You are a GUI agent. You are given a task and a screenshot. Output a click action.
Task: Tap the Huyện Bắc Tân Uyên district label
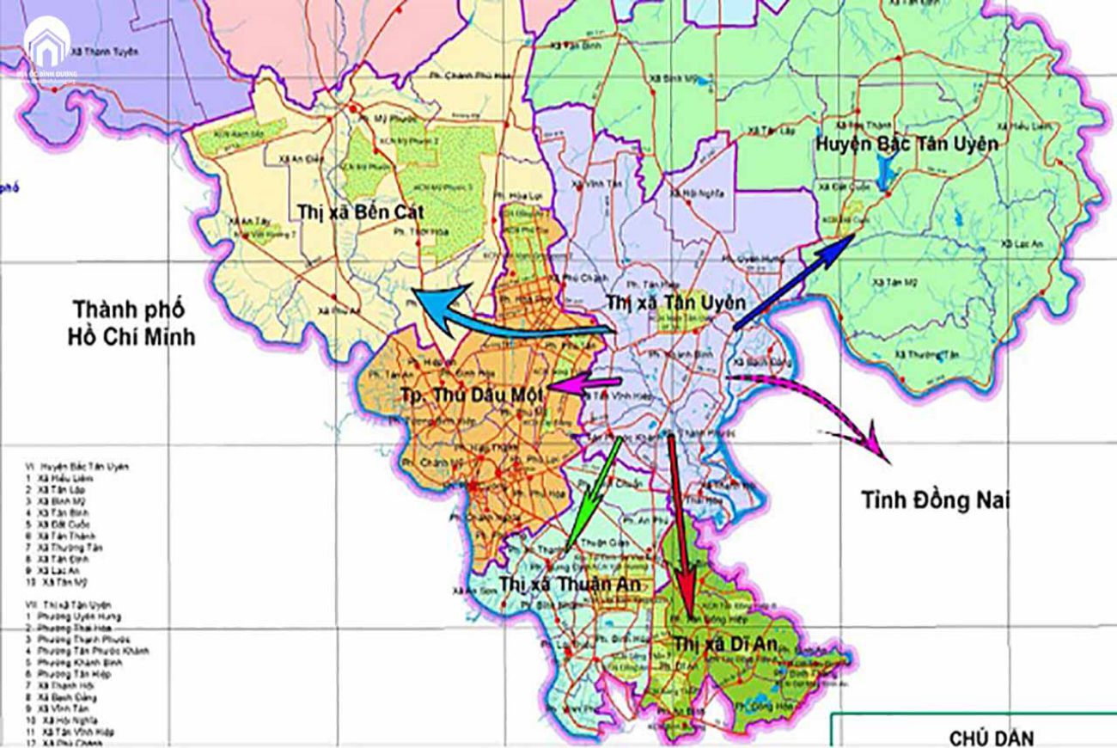909,144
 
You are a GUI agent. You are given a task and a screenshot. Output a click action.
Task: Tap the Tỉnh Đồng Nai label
935,500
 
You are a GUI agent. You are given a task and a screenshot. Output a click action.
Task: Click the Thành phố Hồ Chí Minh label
131,322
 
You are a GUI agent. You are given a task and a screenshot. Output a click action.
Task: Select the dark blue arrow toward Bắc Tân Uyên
792,283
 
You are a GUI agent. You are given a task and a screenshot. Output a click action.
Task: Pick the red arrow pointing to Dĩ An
681,524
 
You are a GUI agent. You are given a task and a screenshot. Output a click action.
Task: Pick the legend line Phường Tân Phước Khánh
82,651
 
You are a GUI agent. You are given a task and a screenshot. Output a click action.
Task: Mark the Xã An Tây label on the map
246,220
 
